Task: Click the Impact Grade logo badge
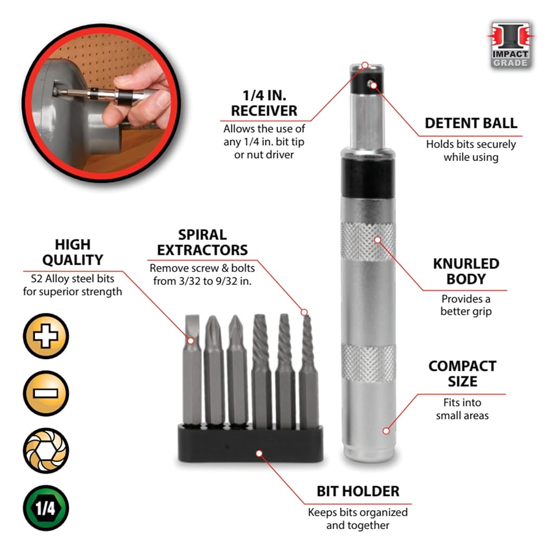[510, 44]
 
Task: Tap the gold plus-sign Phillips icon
[46, 335]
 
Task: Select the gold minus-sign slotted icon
[46, 393]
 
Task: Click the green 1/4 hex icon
[46, 508]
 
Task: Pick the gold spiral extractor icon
[46, 450]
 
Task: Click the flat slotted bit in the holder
[192, 370]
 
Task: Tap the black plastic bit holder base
[250, 443]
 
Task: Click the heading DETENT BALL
[471, 123]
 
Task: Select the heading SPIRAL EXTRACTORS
[202, 242]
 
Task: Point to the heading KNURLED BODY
[466, 272]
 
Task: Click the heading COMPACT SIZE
[462, 374]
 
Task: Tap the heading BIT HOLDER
[358, 491]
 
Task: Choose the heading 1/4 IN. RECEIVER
[264, 103]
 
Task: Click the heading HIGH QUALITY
[73, 252]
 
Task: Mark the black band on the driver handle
[368, 178]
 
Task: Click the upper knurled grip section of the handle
[368, 242]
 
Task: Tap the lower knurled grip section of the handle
[368, 363]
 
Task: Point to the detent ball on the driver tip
[371, 83]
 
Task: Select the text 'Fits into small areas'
[462, 409]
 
